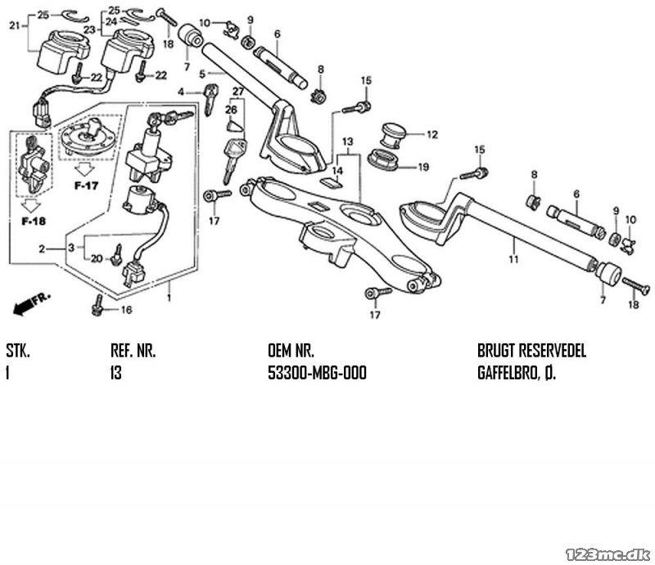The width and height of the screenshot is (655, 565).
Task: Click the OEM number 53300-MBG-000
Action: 317,373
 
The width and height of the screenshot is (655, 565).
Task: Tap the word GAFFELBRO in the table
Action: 508,373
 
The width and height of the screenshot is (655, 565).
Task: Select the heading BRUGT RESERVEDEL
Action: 531,351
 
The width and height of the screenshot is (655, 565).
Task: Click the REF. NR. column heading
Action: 133,351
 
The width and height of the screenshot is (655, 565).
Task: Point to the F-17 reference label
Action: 86,186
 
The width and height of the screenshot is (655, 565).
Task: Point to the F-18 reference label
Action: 34,221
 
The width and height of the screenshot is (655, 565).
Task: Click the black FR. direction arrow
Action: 31,303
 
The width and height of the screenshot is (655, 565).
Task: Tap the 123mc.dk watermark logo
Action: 608,554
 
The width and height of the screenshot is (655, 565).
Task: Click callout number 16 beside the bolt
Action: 126,310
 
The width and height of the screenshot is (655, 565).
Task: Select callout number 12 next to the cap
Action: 432,134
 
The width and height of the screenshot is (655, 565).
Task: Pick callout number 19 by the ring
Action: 423,167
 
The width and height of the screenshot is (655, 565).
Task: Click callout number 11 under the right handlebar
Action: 514,259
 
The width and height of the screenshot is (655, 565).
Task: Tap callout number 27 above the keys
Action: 238,92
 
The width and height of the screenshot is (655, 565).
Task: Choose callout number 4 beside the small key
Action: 180,92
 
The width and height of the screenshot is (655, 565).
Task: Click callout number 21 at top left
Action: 15,26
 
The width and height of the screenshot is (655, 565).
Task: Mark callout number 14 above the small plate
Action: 337,171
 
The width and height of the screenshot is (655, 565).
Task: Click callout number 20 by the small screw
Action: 97,258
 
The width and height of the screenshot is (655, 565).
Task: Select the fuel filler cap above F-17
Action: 88,137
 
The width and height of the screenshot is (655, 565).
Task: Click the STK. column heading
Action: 18,351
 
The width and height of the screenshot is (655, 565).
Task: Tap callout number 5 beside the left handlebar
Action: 202,74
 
